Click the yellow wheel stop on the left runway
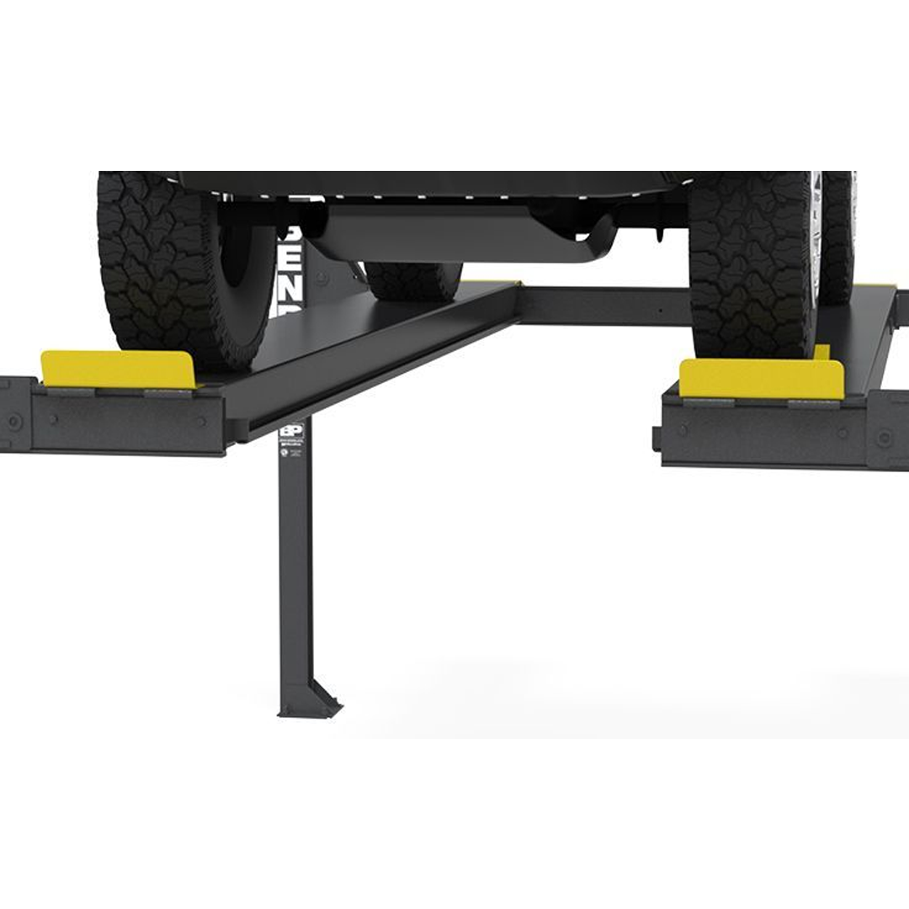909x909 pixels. coord(119,369)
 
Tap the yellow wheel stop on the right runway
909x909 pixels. coord(761,379)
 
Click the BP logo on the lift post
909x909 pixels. coord(290,431)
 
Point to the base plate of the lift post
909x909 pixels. coord(308,712)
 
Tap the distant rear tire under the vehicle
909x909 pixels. coord(413,279)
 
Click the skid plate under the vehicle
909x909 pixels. coord(454,232)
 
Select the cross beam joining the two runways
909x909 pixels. coord(602,305)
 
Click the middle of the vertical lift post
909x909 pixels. coord(295,572)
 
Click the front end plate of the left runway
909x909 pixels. coord(126,421)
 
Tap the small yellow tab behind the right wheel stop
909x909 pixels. coord(821,351)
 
